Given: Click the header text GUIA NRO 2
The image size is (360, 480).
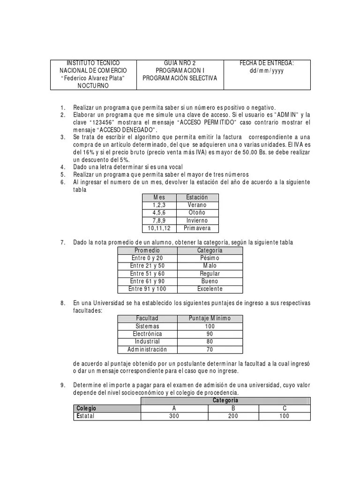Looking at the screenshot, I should pos(180,63).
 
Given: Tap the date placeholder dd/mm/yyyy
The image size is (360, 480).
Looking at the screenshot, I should pos(267,70).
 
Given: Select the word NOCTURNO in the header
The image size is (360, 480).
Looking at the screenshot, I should pos(93,86).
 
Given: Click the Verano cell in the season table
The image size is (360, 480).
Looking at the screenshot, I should pos(197,205).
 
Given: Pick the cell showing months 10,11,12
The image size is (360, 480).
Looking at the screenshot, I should pos(160,228).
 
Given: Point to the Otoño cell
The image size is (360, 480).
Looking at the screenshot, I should pos(197,213).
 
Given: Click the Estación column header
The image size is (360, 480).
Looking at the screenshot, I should pos(197,197).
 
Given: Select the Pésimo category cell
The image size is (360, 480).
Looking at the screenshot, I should pos(210,258).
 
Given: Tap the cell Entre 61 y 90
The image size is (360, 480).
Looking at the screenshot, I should pos(147,281).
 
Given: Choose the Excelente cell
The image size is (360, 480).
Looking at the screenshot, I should pos(210,289).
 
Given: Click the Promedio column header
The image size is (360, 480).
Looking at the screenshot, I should pos(147,250).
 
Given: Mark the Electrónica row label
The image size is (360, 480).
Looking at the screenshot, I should pos(147,334).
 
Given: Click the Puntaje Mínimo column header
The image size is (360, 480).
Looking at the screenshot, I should pos(210,318).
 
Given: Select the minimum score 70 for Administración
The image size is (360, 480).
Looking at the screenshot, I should pos(210,349).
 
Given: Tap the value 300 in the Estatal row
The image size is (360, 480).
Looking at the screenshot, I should pos(174,416).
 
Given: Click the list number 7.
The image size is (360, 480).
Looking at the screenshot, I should pos(62,242).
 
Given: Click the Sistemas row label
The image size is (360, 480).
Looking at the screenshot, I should pos(147,326).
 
